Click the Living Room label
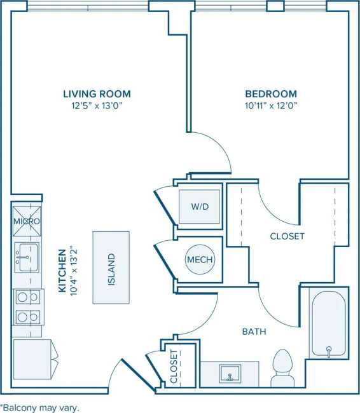pyautogui.click(x=97, y=94)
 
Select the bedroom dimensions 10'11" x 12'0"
pyautogui.click(x=271, y=105)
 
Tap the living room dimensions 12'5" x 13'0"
pyautogui.click(x=97, y=105)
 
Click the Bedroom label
pyautogui.click(x=271, y=94)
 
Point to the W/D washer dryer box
pyautogui.click(x=199, y=207)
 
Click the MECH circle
pyautogui.click(x=199, y=259)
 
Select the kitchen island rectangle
pyautogui.click(x=111, y=267)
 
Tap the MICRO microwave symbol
pyautogui.click(x=27, y=220)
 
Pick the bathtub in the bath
pyautogui.click(x=328, y=323)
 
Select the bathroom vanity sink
pyautogui.click(x=230, y=374)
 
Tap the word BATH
pyautogui.click(x=254, y=332)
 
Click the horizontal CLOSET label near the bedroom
pyautogui.click(x=287, y=236)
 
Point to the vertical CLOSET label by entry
pyautogui.click(x=174, y=367)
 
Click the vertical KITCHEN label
pyautogui.click(x=62, y=270)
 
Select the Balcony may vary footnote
pyautogui.click(x=40, y=407)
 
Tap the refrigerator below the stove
pyautogui.click(x=32, y=360)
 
